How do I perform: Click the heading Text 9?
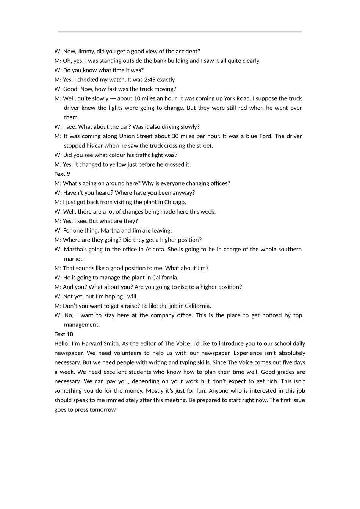pyautogui.click(x=62, y=174)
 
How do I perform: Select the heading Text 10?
pyautogui.click(x=64, y=334)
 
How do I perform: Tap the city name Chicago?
pyautogui.click(x=175, y=202)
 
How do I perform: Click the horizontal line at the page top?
pyautogui.click(x=180, y=32)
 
